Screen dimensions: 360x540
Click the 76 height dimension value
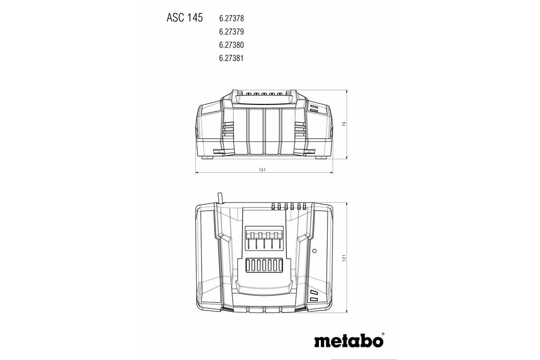coord(343,124)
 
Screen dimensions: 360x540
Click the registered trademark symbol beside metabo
coord(382,334)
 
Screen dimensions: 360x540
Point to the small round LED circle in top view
coord(315,250)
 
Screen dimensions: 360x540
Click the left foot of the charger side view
coord(208,157)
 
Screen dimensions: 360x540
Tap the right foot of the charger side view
coord(320,157)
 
